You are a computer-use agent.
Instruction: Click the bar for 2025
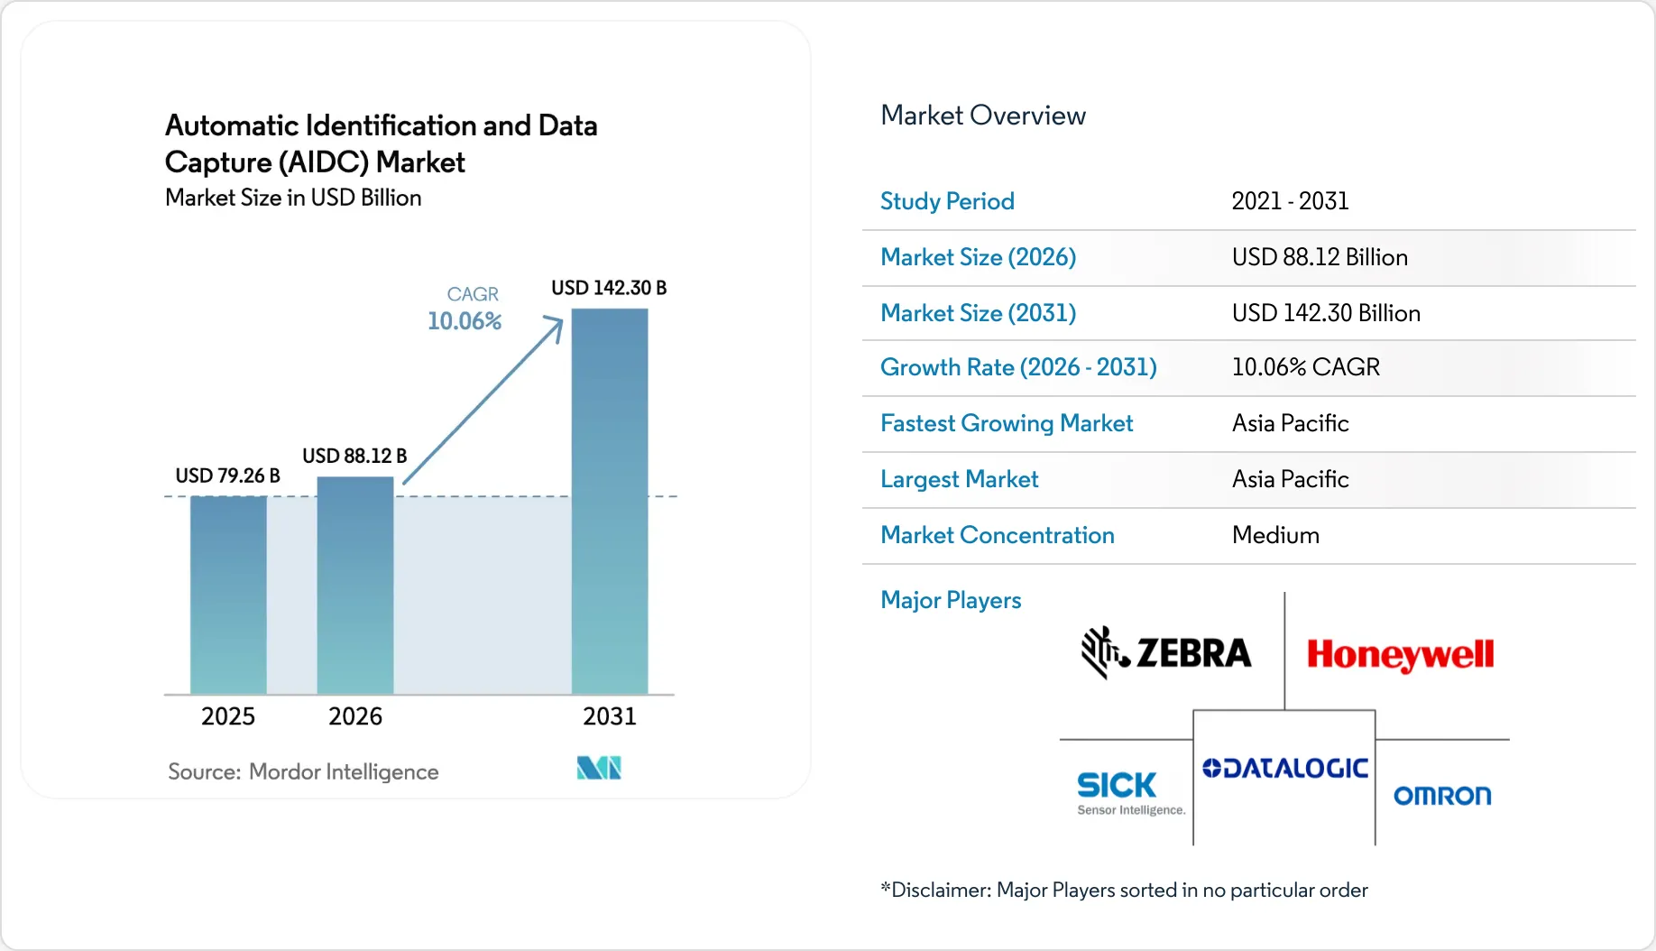(228, 596)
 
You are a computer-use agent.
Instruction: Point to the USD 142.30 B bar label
(609, 288)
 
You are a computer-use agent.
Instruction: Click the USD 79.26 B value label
(227, 475)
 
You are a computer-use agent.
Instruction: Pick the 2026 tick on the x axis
(355, 716)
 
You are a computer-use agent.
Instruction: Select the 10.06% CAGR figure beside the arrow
(465, 321)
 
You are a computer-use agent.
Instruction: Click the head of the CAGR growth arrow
(556, 324)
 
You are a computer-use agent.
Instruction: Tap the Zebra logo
(1166, 652)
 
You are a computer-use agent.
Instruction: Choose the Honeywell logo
(1400, 654)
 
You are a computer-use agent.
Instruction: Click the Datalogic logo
(1285, 769)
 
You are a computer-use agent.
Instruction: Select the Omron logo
(1442, 796)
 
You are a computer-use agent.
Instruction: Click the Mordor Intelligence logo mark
(599, 768)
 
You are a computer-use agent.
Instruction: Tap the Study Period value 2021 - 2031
(1290, 201)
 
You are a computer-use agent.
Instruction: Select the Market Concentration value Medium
(1275, 535)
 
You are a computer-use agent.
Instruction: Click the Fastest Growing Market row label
(1007, 423)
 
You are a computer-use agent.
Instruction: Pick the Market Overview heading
(983, 115)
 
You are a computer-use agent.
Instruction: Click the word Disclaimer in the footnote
(941, 891)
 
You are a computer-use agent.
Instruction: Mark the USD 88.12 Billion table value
(1320, 257)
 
